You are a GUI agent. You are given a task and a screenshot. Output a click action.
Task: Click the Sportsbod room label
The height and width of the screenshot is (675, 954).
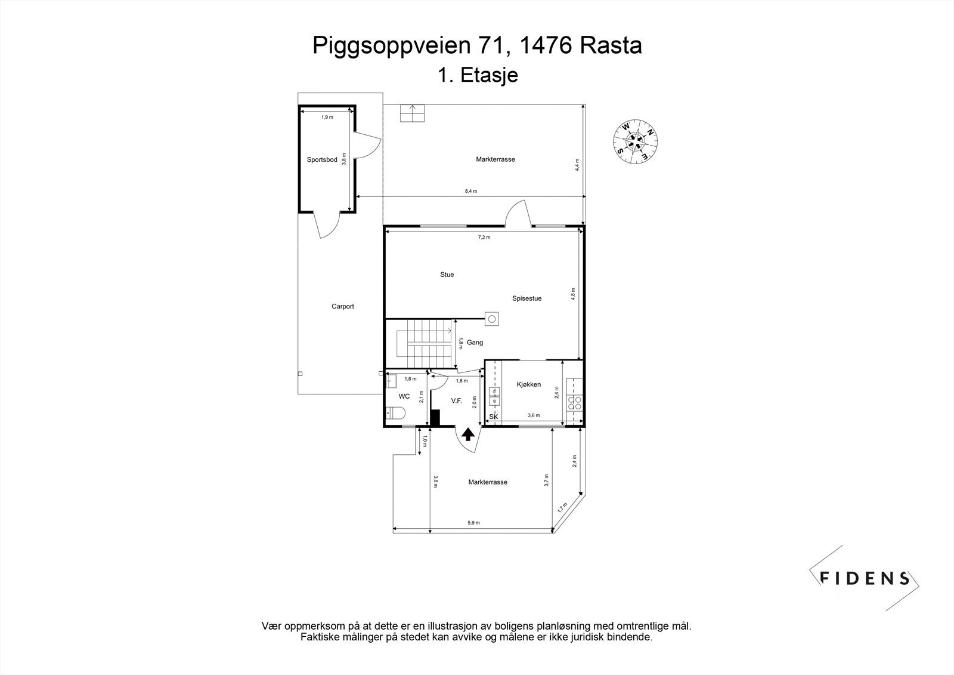(x=322, y=159)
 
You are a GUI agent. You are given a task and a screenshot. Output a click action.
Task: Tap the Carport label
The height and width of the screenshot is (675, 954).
(x=343, y=306)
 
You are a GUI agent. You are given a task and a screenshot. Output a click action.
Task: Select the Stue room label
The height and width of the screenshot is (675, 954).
(x=447, y=275)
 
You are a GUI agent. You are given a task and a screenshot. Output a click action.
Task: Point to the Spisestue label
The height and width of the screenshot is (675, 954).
(x=526, y=298)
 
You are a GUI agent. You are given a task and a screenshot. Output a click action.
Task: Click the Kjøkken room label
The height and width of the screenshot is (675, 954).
(x=528, y=384)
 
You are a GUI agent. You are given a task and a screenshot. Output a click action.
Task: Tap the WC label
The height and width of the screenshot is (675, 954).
(x=404, y=396)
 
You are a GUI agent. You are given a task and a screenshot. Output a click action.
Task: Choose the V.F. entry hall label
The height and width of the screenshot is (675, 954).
(x=457, y=400)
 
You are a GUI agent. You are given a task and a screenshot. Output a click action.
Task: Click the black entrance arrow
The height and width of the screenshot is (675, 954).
(x=468, y=434)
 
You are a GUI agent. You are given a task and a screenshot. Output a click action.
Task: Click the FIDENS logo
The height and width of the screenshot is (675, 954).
(x=865, y=577)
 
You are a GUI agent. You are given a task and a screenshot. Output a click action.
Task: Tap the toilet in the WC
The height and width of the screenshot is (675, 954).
(x=395, y=412)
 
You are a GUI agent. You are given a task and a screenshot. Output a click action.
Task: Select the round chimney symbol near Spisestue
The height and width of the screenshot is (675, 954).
(x=492, y=319)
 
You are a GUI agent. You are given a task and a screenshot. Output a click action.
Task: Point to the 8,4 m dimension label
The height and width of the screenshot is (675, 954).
(x=470, y=191)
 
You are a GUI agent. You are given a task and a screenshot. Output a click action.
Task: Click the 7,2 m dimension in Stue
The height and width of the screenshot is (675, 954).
(x=484, y=237)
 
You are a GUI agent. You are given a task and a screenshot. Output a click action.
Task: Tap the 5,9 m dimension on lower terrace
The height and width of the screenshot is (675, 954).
(x=473, y=522)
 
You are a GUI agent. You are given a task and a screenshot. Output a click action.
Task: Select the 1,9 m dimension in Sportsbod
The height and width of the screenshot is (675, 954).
(x=327, y=117)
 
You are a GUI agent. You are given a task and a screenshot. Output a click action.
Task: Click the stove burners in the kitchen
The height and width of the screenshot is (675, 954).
(x=575, y=403)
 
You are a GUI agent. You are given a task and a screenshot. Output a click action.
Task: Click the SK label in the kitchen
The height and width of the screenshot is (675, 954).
(x=493, y=416)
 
